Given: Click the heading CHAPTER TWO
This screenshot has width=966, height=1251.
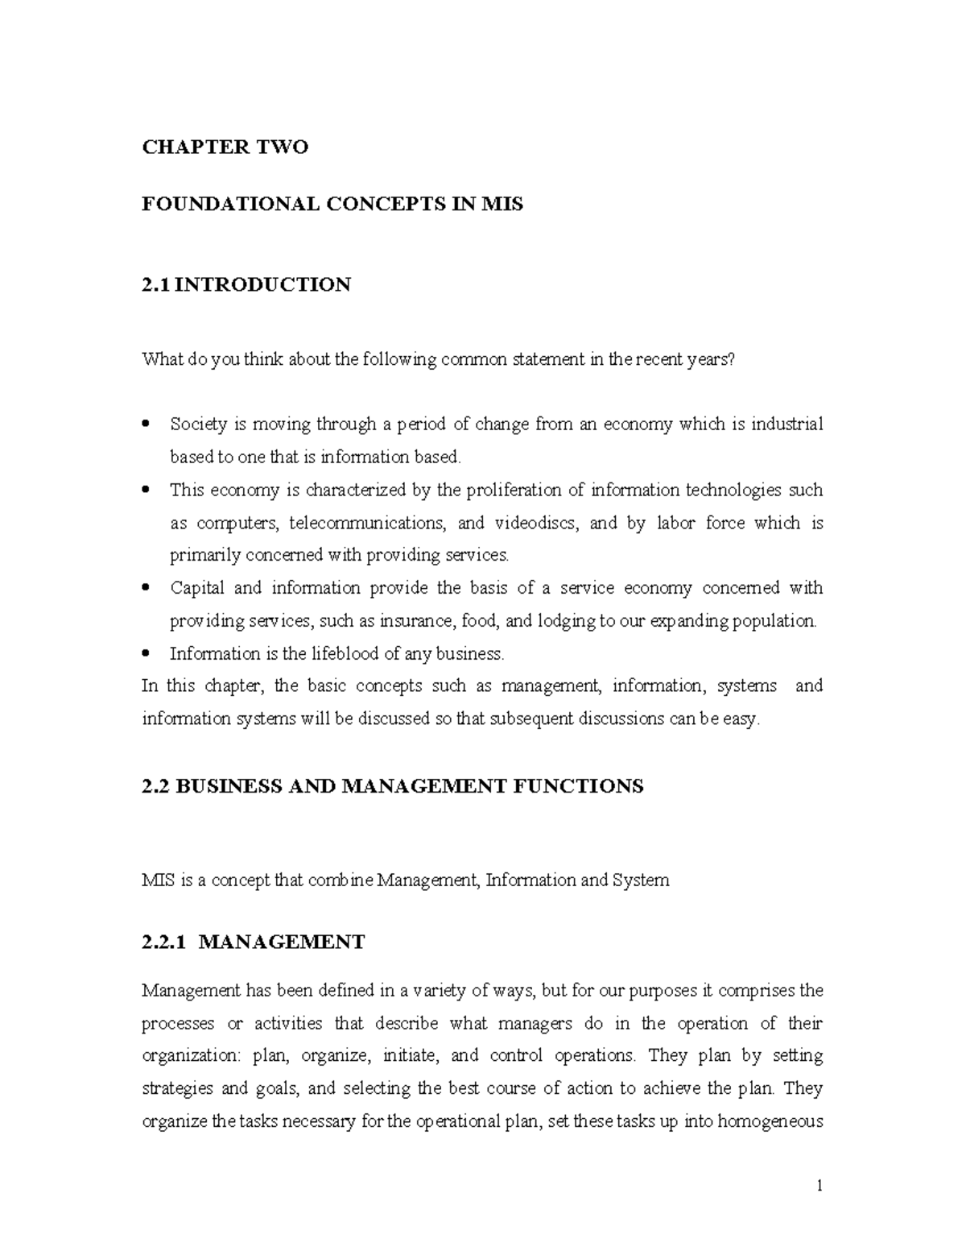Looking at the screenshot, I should click(225, 147).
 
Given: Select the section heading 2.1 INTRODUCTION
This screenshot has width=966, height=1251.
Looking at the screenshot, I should click(246, 284).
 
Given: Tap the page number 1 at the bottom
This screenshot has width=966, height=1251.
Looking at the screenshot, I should click(819, 1186).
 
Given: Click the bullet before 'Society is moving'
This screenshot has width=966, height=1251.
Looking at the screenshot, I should click(146, 424).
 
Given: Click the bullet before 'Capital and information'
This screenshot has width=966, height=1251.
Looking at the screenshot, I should click(146, 587).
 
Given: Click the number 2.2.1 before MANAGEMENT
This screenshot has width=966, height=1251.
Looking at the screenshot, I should click(164, 942).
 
